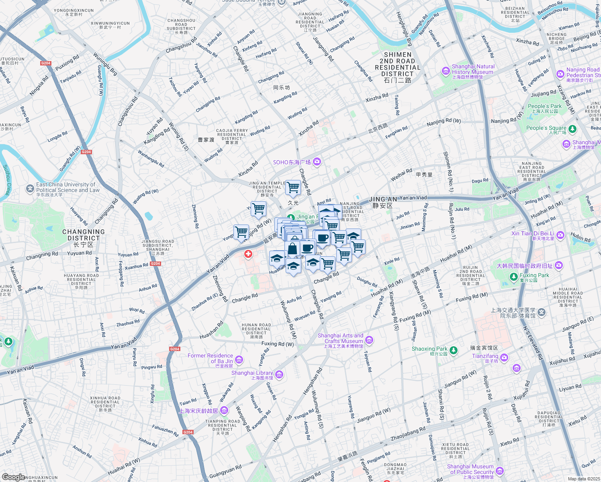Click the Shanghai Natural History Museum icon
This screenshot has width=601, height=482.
pyautogui.click(x=446, y=71)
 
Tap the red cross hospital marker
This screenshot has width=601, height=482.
pyautogui.click(x=248, y=254)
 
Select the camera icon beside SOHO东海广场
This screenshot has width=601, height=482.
pyautogui.click(x=317, y=162)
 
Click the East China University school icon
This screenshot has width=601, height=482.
pyautogui.click(x=30, y=188)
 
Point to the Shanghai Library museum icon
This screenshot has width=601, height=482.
pyautogui.click(x=279, y=375)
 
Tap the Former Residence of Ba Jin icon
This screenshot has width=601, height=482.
pyautogui.click(x=239, y=359)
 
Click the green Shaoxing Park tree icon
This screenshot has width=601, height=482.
pyautogui.click(x=453, y=350)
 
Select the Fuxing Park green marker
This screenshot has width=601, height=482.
pyautogui.click(x=513, y=277)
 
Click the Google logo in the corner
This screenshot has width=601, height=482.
pyautogui.click(x=13, y=477)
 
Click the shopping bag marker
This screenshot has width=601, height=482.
pyautogui.click(x=293, y=249)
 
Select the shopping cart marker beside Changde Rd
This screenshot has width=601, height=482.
pyautogui.click(x=293, y=187)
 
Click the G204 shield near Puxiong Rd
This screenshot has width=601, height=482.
pyautogui.click(x=46, y=63)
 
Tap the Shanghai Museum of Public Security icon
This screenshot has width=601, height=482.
pyautogui.click(x=500, y=471)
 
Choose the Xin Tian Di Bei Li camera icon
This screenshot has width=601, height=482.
pyautogui.click(x=560, y=235)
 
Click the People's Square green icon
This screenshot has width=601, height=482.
pyautogui.click(x=572, y=129)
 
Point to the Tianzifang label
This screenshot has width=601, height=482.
pyautogui.click(x=485, y=356)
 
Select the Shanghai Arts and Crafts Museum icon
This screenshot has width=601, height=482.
pyautogui.click(x=369, y=340)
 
